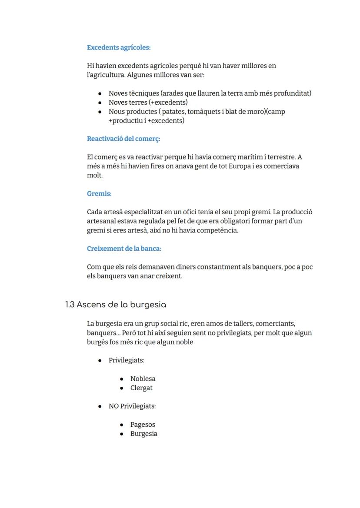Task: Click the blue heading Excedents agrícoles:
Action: point(119,47)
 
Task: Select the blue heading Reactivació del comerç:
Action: point(123,139)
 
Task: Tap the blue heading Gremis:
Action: point(99,194)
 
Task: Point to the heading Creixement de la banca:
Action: point(124,249)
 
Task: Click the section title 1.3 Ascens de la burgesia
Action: point(116,305)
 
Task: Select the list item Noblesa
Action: point(143,379)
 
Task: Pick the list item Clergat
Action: point(141,388)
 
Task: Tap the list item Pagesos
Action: point(143,425)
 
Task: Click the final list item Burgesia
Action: point(143,434)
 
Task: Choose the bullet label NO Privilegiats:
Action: point(132,406)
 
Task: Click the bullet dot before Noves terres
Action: point(100,103)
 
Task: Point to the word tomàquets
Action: point(203,112)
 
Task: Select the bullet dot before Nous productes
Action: point(100,112)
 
